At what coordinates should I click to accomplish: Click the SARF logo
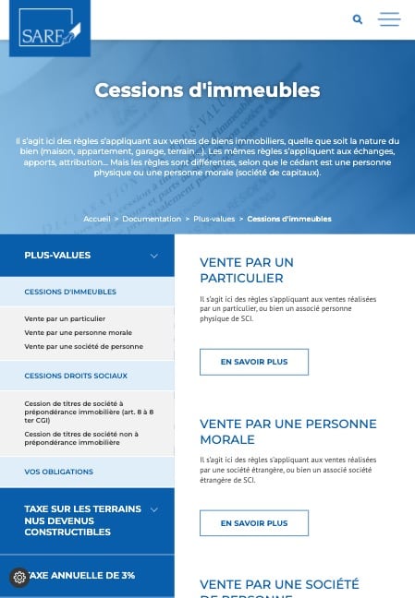click(x=50, y=29)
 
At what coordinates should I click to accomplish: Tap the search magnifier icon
click(x=358, y=19)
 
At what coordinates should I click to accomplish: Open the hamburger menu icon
click(x=389, y=19)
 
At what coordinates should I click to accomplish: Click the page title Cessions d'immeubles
click(x=207, y=90)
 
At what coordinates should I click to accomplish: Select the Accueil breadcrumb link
click(x=96, y=219)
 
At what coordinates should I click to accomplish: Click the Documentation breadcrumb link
click(x=152, y=219)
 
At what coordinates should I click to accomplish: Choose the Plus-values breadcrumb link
click(x=214, y=219)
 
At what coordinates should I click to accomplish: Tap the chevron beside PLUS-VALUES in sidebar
click(x=154, y=256)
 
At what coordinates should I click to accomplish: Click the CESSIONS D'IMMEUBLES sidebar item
click(x=70, y=292)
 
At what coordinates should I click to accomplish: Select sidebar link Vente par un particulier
click(x=65, y=318)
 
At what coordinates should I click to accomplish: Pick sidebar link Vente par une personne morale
click(x=78, y=332)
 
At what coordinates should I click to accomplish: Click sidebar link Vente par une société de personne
click(x=83, y=346)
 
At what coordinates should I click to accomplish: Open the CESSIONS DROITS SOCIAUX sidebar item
click(x=76, y=376)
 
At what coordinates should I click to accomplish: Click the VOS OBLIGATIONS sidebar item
click(x=58, y=472)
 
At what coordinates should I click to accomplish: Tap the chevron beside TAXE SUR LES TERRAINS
click(x=154, y=509)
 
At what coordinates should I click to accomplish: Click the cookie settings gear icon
click(x=19, y=578)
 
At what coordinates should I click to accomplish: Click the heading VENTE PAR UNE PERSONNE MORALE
click(x=287, y=431)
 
